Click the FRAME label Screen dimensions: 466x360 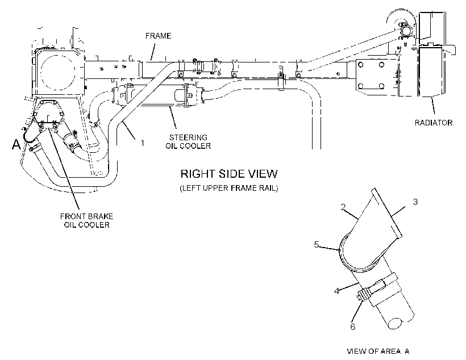tap(158, 36)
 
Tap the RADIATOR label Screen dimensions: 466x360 tap(433, 123)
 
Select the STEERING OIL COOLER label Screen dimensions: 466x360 tap(188, 142)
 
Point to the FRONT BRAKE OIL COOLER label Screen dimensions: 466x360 tap(86, 220)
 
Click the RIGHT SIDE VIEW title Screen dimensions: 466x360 tap(229, 174)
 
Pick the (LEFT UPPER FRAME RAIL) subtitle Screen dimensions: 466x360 tap(229, 189)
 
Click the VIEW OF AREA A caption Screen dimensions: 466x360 tap(378, 351)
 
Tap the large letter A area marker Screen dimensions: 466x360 tap(16, 144)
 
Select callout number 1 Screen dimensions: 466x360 tap(142, 143)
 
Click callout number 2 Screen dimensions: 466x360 tap(343, 207)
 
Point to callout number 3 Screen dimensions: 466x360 tap(415, 202)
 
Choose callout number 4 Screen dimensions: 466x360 tap(336, 291)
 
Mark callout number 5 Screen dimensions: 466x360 tap(317, 245)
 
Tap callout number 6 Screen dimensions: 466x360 tap(353, 326)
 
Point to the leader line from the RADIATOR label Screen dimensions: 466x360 tap(432, 106)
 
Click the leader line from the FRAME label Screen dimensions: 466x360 tap(152, 51)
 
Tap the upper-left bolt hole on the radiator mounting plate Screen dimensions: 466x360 tap(361, 65)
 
